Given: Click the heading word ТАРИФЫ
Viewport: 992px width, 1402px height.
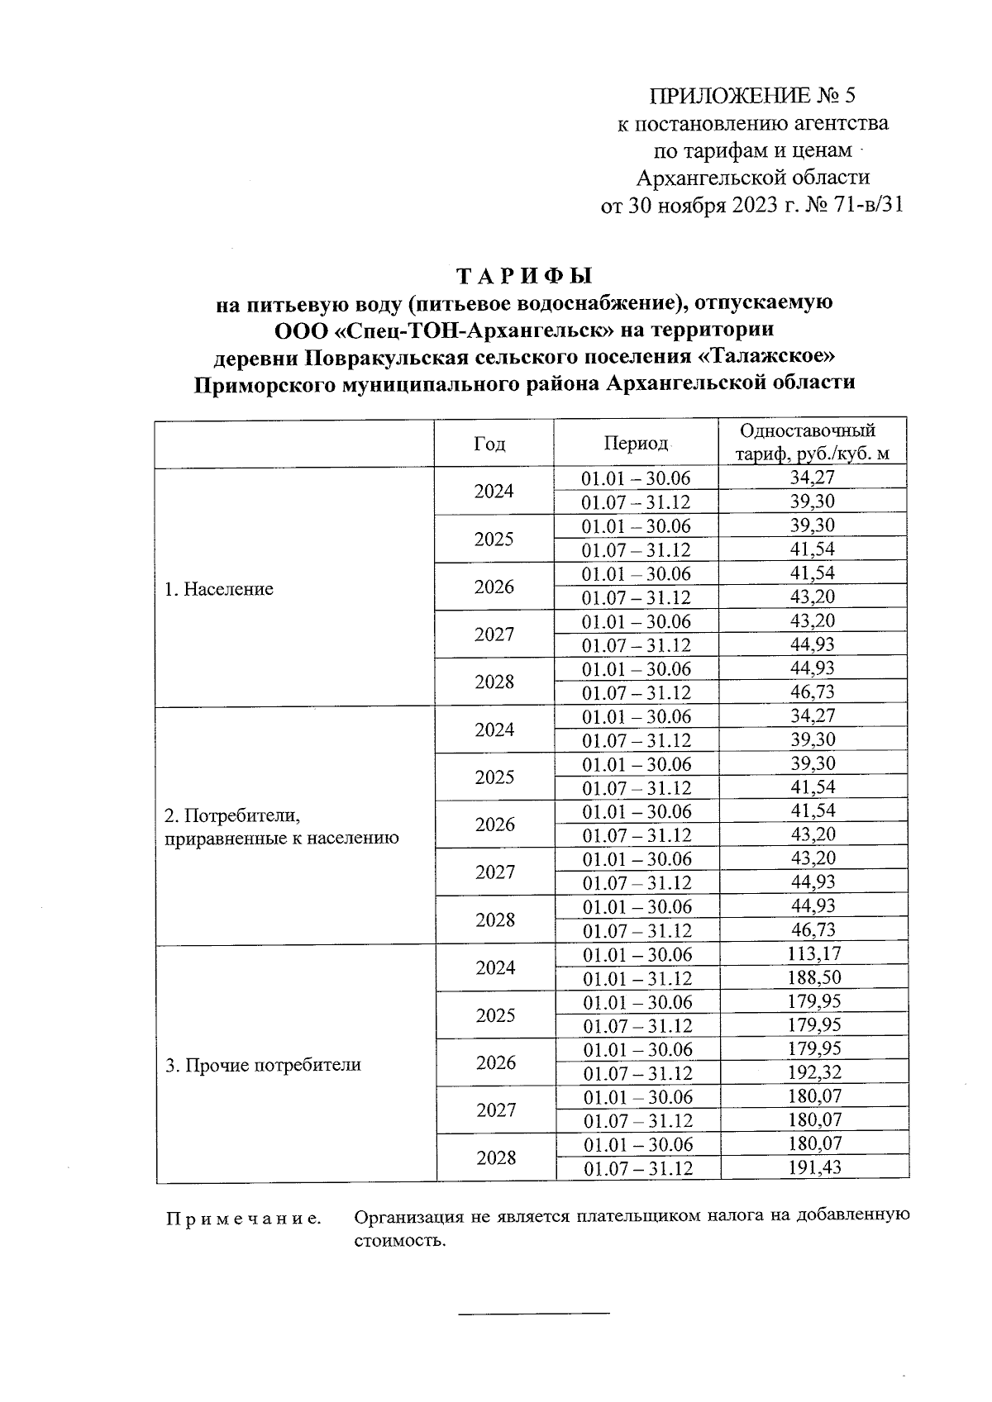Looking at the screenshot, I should pos(525,274).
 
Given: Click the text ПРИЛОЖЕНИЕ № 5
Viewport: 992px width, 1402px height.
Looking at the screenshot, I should pos(752,96).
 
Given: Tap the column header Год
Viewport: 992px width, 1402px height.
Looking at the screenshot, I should pos(489,444).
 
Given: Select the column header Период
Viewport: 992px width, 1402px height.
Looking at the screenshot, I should pos(635,444).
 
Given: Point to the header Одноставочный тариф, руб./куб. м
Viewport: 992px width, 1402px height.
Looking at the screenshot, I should pos(812,442).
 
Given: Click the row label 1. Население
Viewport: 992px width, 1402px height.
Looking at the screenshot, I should pos(219,589).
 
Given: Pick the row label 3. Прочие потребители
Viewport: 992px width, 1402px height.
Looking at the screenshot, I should pos(264,1065).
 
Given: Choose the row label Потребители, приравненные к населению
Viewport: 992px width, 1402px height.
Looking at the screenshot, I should pos(281,827).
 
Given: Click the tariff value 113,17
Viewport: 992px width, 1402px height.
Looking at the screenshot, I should pos(814,954).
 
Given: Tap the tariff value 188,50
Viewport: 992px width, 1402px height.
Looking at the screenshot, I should pos(814,978).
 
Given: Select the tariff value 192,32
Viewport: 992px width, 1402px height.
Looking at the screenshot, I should pos(814,1073).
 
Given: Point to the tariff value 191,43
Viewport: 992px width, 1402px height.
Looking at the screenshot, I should pos(814,1168).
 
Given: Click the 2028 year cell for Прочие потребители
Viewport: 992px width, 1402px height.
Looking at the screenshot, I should pos(496,1157).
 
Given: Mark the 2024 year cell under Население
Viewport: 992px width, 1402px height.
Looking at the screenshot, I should pos(494,492).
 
